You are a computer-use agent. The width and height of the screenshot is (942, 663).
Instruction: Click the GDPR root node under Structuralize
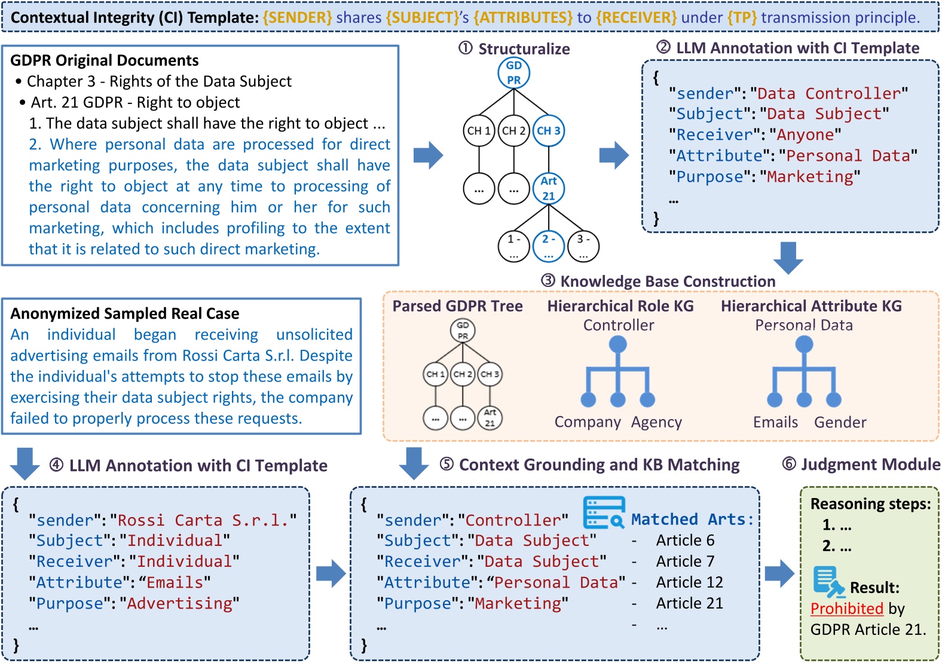click(513, 73)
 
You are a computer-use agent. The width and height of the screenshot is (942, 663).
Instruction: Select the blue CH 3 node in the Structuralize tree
click(549, 131)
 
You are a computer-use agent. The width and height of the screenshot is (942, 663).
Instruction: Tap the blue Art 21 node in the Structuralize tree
click(549, 188)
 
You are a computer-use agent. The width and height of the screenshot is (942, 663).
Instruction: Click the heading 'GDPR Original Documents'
click(105, 60)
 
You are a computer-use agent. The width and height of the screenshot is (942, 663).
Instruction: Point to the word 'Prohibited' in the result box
click(846, 609)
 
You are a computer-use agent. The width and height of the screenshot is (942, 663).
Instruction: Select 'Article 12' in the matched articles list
click(689, 582)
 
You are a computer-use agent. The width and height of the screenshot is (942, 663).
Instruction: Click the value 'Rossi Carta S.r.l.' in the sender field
click(203, 520)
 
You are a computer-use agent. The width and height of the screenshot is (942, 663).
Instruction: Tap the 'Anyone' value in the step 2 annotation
click(805, 135)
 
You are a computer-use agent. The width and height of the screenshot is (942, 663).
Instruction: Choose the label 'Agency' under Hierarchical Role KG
click(656, 422)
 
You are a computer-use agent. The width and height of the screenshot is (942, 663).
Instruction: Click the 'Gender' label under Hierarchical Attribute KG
click(840, 422)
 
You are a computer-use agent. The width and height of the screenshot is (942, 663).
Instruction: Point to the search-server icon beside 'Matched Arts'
click(604, 512)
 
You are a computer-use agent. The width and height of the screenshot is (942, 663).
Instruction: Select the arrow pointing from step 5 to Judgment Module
click(779, 574)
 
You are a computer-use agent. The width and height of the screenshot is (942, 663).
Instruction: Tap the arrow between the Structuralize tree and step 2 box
click(614, 155)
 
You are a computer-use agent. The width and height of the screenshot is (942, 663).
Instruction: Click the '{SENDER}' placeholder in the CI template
click(297, 17)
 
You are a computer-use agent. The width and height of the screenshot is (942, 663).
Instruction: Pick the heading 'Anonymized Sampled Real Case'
click(125, 314)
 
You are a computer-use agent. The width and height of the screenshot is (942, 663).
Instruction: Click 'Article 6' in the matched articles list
click(685, 540)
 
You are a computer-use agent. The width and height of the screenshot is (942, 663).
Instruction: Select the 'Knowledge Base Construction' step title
click(667, 282)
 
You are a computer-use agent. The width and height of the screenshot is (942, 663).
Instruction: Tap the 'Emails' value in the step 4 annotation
click(175, 583)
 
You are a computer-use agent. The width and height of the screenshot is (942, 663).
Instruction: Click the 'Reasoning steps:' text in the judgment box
click(870, 504)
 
